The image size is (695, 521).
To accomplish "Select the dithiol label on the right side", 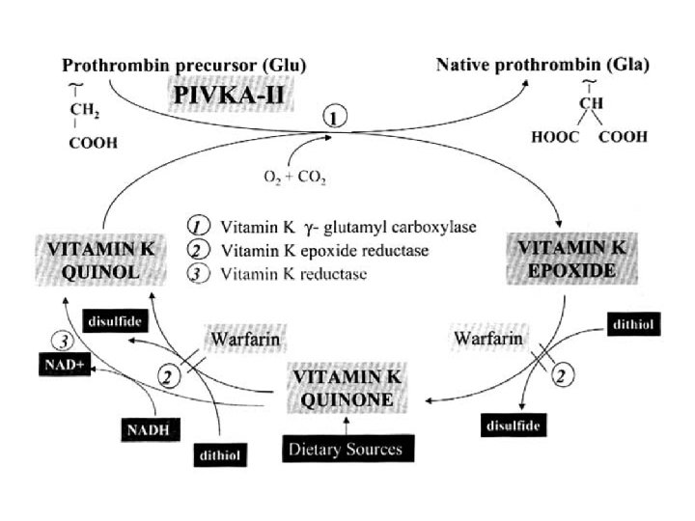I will click(x=634, y=324).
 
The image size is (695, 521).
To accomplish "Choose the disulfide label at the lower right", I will click(x=511, y=424).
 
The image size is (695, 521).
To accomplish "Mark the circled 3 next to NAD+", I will click(x=62, y=341).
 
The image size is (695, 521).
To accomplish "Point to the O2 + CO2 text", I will click(x=289, y=177).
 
